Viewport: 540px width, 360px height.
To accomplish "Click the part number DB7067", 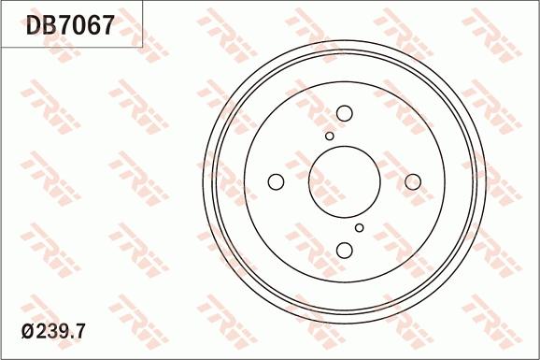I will tap(70, 25).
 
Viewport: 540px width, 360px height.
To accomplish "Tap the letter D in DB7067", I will tap(35, 25).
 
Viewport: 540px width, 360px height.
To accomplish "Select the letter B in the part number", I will tap(51, 25).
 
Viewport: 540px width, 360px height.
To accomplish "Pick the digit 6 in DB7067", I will tap(93, 25).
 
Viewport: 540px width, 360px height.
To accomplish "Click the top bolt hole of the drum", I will tap(344, 113).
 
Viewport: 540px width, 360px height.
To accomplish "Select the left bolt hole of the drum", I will tap(277, 181).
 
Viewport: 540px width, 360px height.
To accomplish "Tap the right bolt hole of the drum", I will tap(413, 182).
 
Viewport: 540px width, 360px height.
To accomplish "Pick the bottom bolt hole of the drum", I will tap(345, 250).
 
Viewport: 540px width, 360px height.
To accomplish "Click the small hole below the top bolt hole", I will tap(330, 137).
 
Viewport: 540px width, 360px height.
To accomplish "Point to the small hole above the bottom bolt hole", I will tap(360, 227).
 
